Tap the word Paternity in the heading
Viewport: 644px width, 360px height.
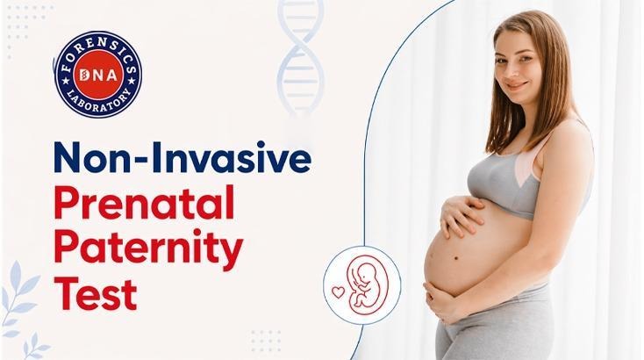pyautogui.click(x=149, y=250)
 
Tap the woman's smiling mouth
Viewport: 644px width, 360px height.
pyautogui.click(x=517, y=85)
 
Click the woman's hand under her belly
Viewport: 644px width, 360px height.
pyautogui.click(x=447, y=303)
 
